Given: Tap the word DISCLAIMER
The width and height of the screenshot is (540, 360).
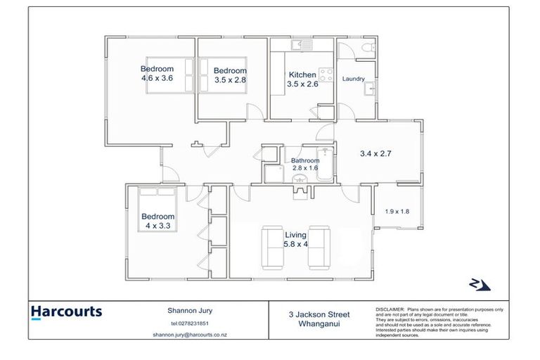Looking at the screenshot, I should (x=390, y=309).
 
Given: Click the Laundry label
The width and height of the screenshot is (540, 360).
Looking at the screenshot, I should (x=353, y=79).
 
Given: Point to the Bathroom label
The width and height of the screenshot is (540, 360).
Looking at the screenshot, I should (x=305, y=160).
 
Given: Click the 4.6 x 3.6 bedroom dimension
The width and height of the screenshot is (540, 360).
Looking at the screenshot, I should (x=157, y=78).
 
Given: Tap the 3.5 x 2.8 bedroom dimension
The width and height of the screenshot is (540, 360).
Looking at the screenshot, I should (x=230, y=80).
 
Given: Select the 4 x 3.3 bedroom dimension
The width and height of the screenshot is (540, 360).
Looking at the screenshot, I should (x=157, y=226).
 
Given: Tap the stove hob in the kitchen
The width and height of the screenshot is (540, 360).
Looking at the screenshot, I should (x=326, y=73).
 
